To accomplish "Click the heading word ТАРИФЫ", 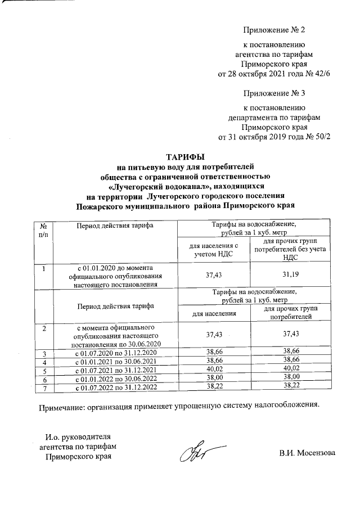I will (185, 156).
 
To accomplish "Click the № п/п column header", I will (44, 229).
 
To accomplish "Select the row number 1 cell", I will (44, 268).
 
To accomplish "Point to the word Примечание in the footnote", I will (61, 404).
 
